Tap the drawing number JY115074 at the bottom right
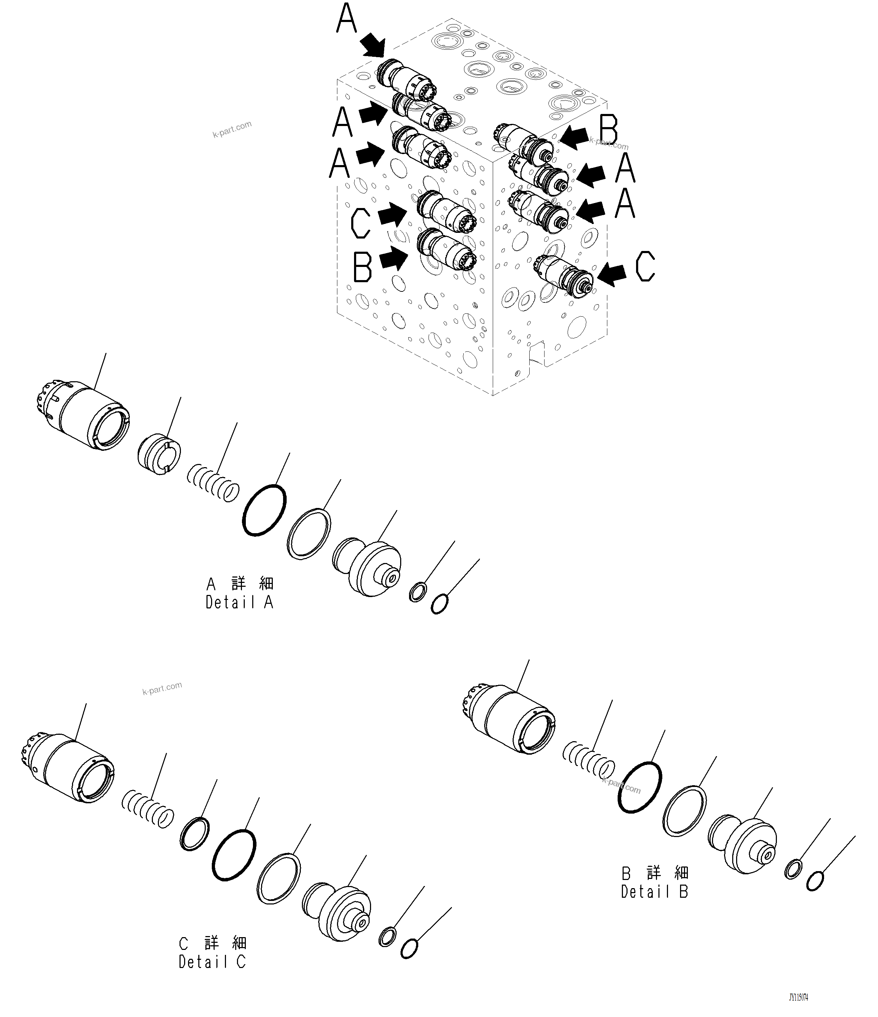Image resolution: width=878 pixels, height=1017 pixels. pos(798,998)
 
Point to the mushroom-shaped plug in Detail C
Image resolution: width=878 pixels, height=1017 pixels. pos(337,912)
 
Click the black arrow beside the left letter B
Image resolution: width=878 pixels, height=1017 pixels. pos(393,258)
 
